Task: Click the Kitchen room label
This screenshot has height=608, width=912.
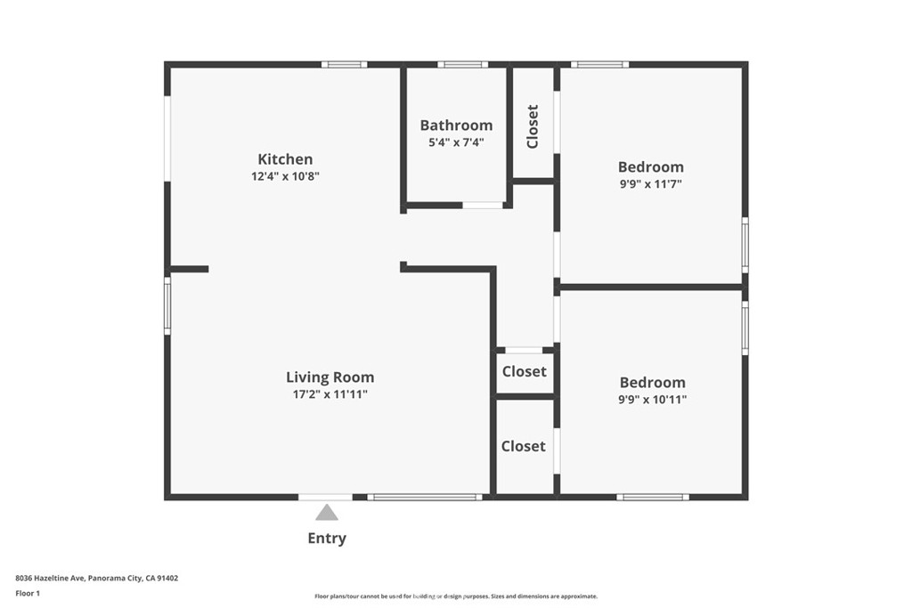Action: click(285, 159)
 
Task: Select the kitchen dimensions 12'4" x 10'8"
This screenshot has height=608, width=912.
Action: click(285, 176)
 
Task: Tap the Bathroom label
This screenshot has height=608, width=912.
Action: click(456, 126)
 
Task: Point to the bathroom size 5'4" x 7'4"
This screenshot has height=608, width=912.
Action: click(456, 142)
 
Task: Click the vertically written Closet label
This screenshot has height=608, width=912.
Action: click(533, 126)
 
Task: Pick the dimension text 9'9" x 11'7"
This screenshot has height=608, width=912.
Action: click(650, 183)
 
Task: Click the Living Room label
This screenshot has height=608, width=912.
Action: click(330, 377)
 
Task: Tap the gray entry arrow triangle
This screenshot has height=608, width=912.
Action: click(327, 512)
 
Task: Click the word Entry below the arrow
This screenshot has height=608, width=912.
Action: click(327, 538)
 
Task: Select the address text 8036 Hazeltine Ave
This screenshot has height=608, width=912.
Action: click(49, 578)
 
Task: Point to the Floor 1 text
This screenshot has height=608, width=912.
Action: click(28, 593)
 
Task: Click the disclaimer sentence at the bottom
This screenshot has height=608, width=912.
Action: click(455, 596)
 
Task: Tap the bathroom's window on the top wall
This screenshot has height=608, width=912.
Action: click(462, 64)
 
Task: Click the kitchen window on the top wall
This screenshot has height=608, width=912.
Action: click(344, 64)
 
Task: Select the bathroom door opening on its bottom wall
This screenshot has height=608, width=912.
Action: click(483, 205)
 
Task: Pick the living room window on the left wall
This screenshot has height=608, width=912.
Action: click(167, 305)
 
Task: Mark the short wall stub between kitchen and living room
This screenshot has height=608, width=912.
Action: click(189, 269)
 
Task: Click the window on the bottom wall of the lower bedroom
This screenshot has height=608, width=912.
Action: click(653, 497)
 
